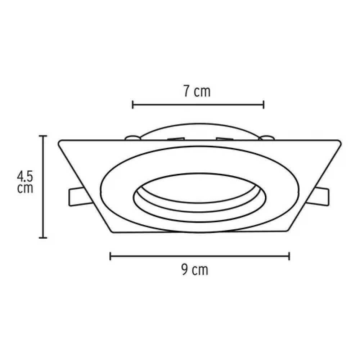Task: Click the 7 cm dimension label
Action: click(x=197, y=91)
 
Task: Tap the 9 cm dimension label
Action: click(x=194, y=270)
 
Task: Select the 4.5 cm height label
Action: click(x=25, y=182)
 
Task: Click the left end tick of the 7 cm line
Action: click(x=133, y=105)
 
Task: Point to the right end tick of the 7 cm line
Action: click(x=264, y=105)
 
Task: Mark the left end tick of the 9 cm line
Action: click(x=110, y=256)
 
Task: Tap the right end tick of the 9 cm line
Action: click(x=289, y=256)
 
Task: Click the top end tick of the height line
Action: click(x=43, y=136)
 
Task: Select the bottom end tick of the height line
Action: click(x=43, y=238)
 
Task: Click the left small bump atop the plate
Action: click(x=132, y=137)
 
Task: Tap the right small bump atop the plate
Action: click(x=267, y=137)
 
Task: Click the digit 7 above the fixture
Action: click(x=186, y=91)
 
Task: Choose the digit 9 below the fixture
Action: click(x=184, y=270)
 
